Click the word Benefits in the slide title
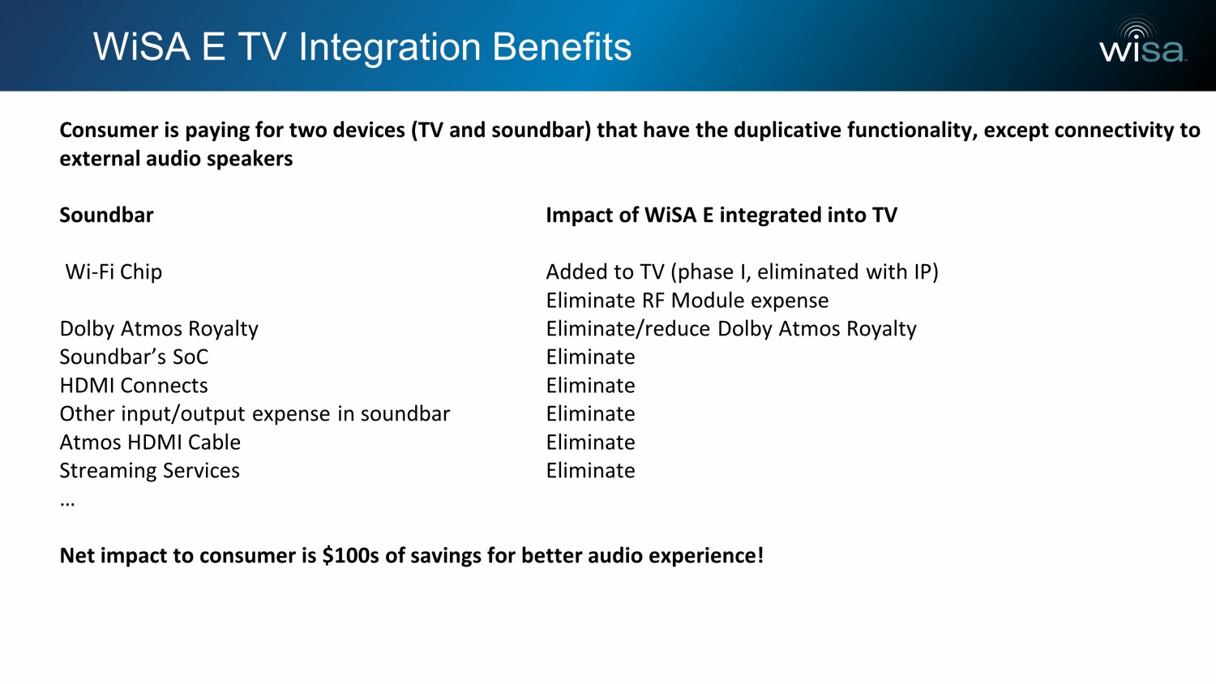[562, 47]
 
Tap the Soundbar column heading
[106, 215]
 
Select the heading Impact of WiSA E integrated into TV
[721, 215]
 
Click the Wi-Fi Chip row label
[113, 271]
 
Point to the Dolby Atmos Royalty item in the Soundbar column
[159, 329]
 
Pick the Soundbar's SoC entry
[134, 357]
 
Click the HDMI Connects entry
[134, 386]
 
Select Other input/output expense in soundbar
[255, 414]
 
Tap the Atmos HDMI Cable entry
[150, 442]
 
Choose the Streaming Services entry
[149, 471]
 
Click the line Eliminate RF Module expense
[687, 300]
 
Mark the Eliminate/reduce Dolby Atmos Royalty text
[731, 329]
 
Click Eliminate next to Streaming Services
[591, 471]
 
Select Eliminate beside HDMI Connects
[591, 386]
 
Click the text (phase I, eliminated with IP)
[804, 272]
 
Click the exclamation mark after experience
[760, 555]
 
